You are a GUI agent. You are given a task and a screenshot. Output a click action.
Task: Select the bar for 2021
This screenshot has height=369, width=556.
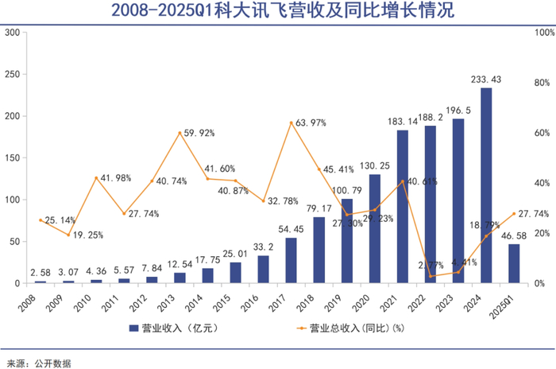(403, 207)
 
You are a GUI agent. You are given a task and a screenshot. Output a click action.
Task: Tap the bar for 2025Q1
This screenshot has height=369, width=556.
(514, 263)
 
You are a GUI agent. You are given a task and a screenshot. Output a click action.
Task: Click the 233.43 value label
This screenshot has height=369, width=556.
(486, 79)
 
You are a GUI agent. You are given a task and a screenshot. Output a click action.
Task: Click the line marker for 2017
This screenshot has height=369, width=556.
(292, 122)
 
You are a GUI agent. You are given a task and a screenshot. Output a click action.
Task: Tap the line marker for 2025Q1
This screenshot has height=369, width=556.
(514, 213)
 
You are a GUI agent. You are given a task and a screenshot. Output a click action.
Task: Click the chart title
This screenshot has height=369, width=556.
(278, 12)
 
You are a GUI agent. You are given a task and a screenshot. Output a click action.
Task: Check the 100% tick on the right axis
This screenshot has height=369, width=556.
(542, 33)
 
